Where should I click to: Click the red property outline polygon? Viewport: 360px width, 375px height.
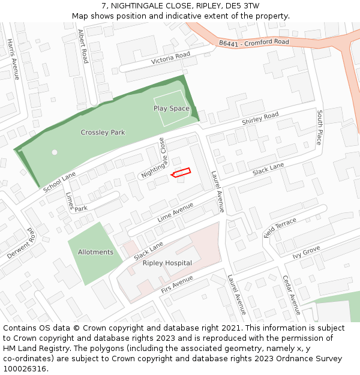[181, 173]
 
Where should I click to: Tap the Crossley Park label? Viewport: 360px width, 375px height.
[103, 132]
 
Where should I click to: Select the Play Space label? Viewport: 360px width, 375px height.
[171, 109]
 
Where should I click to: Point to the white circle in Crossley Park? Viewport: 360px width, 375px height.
[55, 152]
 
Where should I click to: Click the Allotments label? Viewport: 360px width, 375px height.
[95, 252]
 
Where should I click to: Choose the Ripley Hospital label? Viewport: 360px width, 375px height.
[167, 263]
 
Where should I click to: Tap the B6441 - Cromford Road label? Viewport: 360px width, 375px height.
[254, 43]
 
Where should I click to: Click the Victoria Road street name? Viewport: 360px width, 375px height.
[170, 58]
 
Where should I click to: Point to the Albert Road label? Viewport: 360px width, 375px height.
[83, 49]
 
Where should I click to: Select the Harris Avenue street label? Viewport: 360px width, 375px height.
[13, 59]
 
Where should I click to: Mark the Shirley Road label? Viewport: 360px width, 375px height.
[260, 118]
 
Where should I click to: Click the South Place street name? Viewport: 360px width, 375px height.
[320, 127]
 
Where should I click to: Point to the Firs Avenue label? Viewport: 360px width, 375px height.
[177, 284]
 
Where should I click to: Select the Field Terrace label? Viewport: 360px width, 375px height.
[280, 228]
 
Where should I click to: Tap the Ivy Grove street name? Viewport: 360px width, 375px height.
[306, 251]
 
